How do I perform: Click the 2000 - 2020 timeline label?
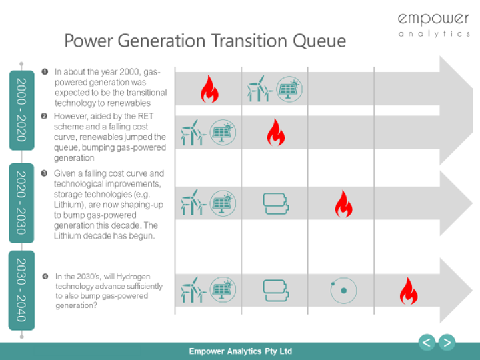pos(21,110)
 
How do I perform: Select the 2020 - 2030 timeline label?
pos(21,203)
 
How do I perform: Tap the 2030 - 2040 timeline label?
pos(21,290)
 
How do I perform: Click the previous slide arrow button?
pos(427,342)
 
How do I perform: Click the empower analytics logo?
pos(433,25)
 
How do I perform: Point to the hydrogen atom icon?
pos(343,290)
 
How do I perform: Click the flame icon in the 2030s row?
pos(409,291)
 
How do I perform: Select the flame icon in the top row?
pos(209,89)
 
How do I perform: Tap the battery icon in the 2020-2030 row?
pos(276,203)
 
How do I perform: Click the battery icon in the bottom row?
pos(276,290)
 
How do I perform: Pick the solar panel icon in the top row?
pos(289,89)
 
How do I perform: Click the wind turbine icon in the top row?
pos(260,89)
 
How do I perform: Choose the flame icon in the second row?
pos(276,132)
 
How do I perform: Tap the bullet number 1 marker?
pos(45,71)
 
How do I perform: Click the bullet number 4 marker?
pos(45,277)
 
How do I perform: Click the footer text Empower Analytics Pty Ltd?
pos(240,351)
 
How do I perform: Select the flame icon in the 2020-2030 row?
pos(343,203)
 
